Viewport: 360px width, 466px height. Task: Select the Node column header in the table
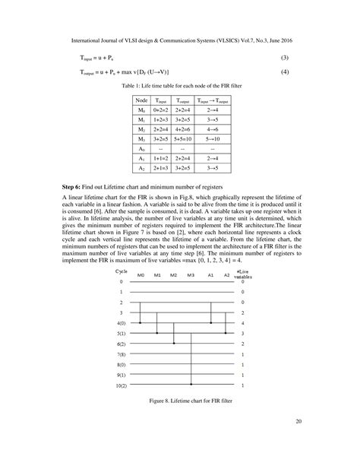tap(141, 100)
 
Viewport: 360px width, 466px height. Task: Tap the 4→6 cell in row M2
tap(213, 130)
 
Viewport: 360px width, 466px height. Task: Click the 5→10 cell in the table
tap(213, 140)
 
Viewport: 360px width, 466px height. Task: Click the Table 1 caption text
tap(180, 86)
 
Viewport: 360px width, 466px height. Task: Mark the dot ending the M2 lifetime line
tap(174, 344)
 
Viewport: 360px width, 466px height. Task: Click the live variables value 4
tap(242, 323)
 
